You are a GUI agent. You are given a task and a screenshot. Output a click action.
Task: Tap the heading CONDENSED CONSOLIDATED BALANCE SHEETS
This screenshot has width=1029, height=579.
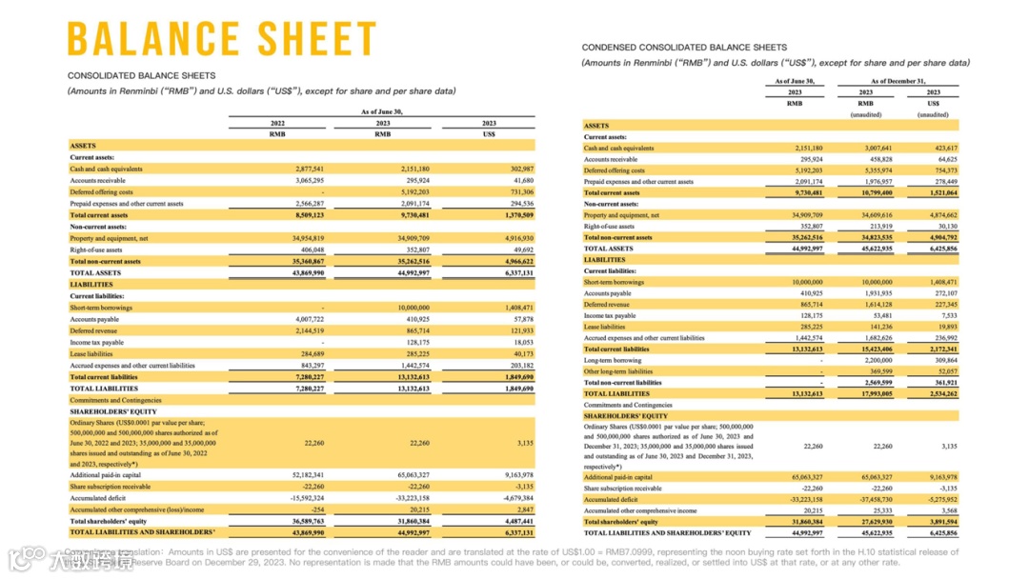point(684,47)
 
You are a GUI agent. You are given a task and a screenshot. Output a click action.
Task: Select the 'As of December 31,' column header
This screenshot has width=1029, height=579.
point(898,82)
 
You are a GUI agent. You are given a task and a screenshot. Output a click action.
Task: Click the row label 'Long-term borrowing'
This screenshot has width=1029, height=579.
point(613,361)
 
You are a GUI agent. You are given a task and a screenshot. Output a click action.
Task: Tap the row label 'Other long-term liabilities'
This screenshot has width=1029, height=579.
point(618,371)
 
